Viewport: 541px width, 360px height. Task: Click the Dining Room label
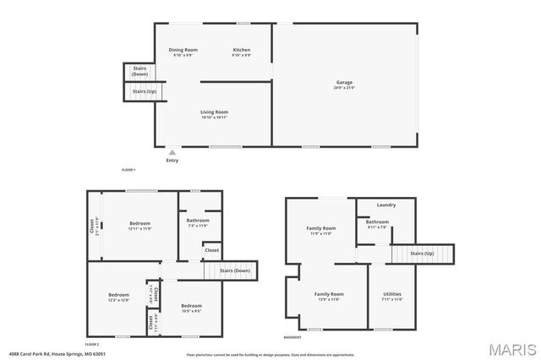click(x=183, y=50)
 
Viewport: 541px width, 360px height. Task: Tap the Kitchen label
click(x=242, y=50)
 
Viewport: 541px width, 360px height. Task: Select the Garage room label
click(x=344, y=83)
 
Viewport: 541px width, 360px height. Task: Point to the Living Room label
click(x=214, y=112)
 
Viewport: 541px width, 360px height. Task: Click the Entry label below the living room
click(x=172, y=160)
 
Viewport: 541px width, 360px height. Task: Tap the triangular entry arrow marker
click(x=172, y=152)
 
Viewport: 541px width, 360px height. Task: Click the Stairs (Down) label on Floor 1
click(x=139, y=71)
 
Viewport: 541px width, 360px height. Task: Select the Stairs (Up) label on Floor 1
click(x=144, y=90)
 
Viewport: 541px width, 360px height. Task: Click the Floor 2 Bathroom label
click(x=198, y=221)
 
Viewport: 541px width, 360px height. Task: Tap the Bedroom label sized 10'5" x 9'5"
click(x=190, y=306)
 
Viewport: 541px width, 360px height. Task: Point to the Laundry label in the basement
click(x=386, y=205)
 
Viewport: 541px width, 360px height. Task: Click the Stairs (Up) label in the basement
click(x=422, y=254)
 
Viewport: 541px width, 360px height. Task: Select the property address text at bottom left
click(x=47, y=353)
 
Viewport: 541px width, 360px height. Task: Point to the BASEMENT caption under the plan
click(x=292, y=337)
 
